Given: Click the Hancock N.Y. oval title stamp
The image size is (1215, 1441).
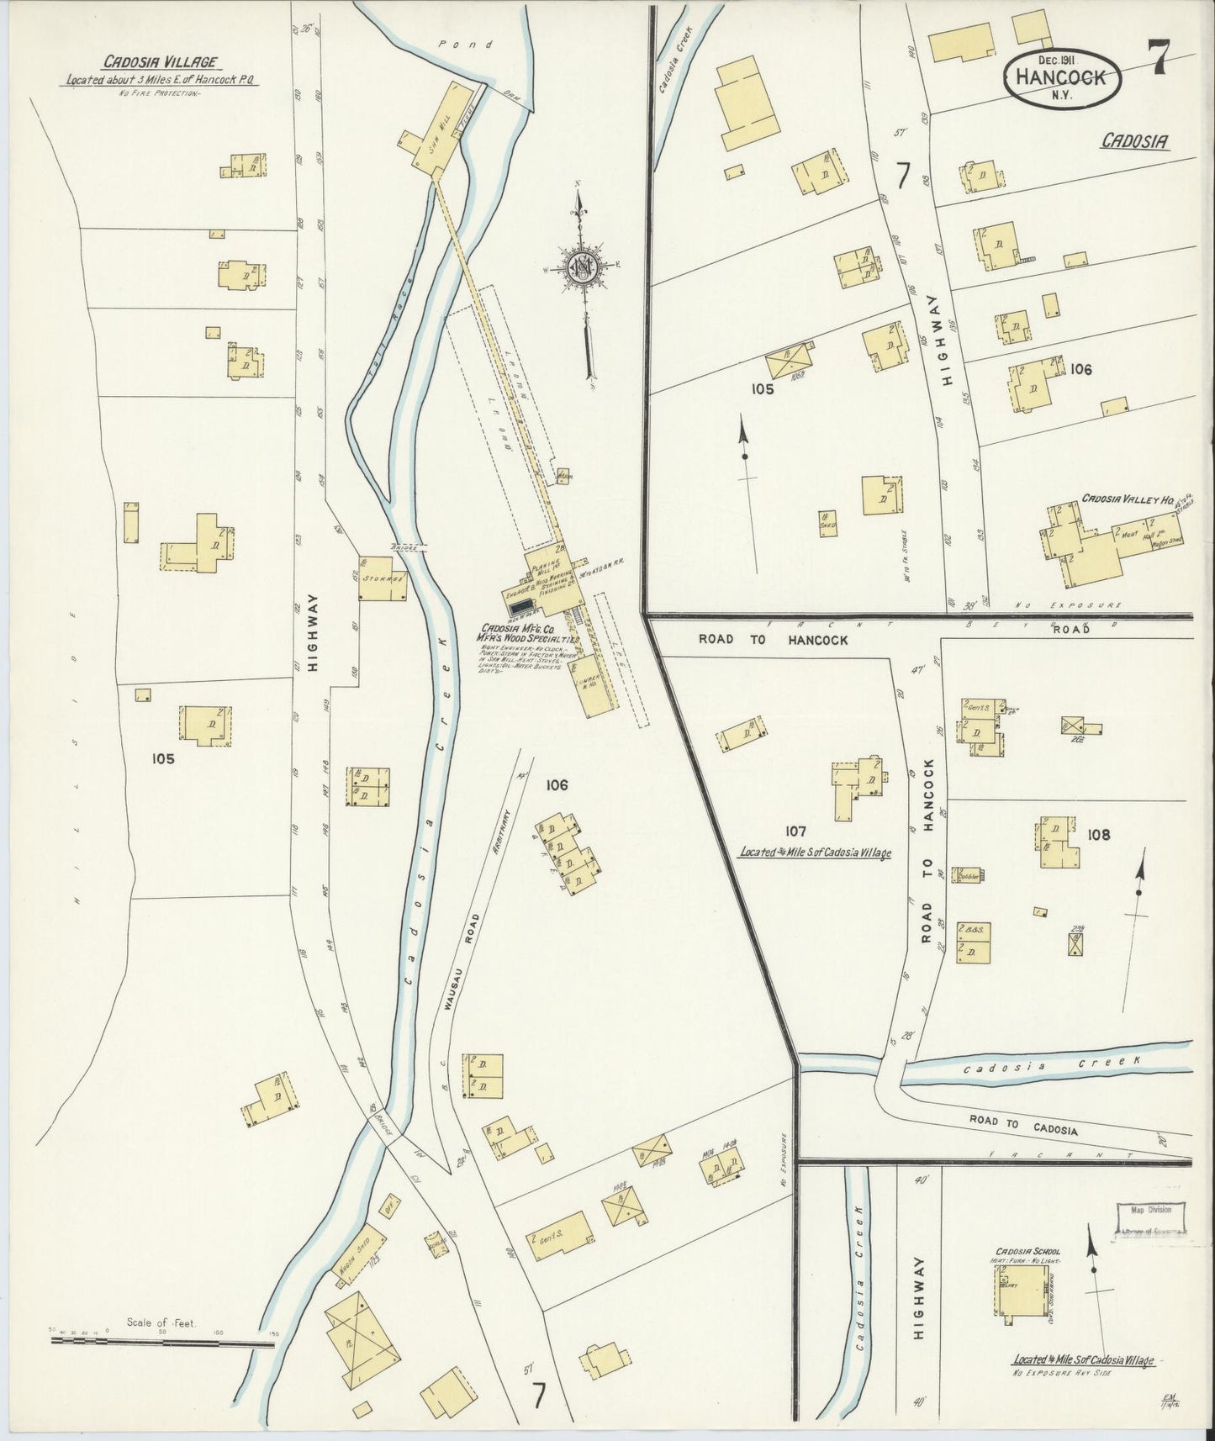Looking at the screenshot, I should click(x=1064, y=75).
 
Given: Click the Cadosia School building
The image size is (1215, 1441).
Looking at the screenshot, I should click(x=1022, y=1291).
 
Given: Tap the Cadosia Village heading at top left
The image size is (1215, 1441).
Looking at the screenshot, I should click(x=161, y=61).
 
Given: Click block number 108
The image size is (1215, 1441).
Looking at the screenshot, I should click(x=1098, y=835).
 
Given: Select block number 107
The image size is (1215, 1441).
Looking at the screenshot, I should click(x=795, y=831).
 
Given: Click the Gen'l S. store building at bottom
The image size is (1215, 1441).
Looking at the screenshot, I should click(x=559, y=1236).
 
